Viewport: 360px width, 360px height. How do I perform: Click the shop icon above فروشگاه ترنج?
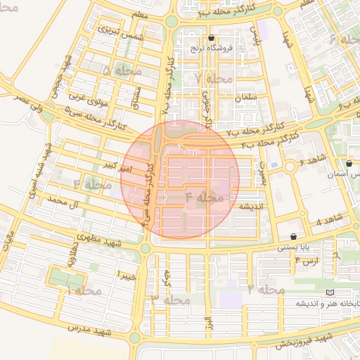pos(212,38)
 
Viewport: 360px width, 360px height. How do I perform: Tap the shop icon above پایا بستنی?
pos(293,236)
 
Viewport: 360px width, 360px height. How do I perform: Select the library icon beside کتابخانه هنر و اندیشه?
pos(330,292)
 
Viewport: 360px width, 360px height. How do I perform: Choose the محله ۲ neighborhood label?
pos(266,289)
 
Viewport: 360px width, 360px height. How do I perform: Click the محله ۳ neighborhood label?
pos(171,299)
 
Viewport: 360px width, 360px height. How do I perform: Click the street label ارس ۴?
pos(307,261)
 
